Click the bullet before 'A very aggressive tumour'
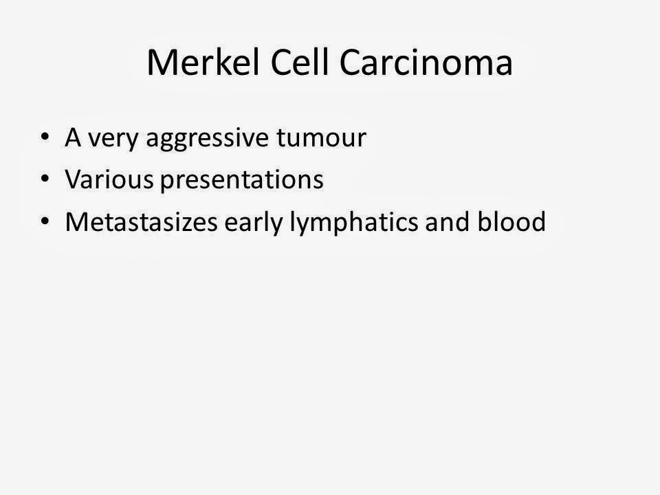coord(45,138)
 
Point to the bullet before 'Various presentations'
coord(45,180)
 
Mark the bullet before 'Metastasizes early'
coord(45,222)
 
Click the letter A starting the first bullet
coord(72,137)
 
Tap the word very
coord(111,139)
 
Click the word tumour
coord(321,139)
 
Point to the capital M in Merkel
coord(162,63)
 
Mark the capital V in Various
coord(72,179)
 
